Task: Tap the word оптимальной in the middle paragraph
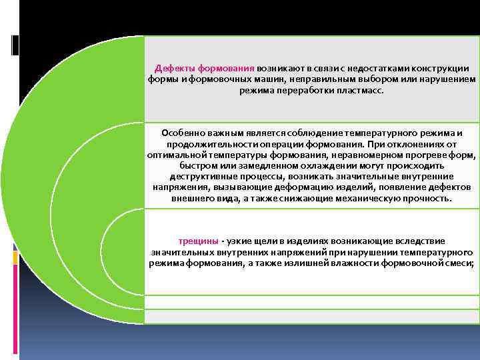click(x=175, y=155)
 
